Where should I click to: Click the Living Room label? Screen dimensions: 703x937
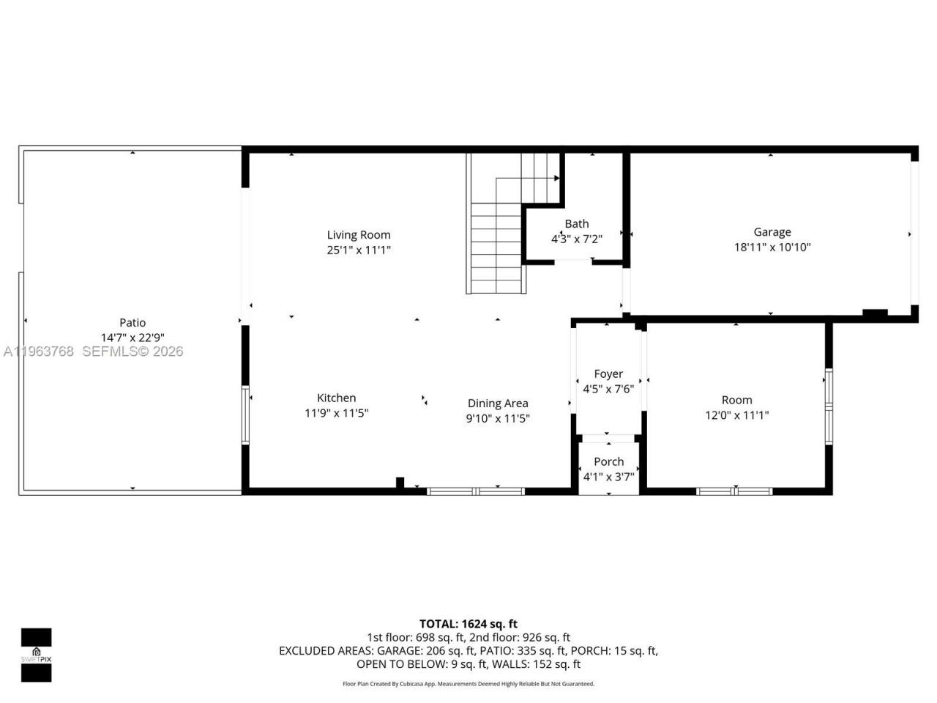pos(359,235)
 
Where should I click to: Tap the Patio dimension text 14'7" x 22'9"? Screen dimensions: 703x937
pos(132,338)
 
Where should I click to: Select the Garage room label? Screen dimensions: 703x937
pos(772,232)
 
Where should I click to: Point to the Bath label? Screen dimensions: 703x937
pos(577,224)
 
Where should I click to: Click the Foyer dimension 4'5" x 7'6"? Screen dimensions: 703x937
pos(608,389)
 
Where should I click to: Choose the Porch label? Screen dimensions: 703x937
pos(609,461)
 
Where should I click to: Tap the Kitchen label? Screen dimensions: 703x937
pos(336,398)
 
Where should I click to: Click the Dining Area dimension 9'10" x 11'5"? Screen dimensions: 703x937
pos(498,419)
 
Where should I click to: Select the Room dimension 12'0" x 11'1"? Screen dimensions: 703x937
pos(736,415)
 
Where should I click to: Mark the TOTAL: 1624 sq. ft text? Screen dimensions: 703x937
pos(468,624)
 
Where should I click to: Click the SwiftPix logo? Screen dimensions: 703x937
pos(36,655)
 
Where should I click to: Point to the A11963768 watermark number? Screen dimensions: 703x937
pos(38,351)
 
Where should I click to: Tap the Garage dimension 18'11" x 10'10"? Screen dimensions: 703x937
pos(772,248)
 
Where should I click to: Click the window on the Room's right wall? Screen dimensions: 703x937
pos(829,406)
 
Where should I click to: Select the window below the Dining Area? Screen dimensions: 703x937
pos(476,491)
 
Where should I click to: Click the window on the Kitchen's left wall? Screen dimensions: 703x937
pos(245,415)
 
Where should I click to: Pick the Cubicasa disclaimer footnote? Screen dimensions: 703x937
pos(468,684)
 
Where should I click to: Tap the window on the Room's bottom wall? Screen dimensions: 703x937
pos(734,491)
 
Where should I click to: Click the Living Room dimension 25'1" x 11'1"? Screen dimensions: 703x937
pos(359,250)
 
